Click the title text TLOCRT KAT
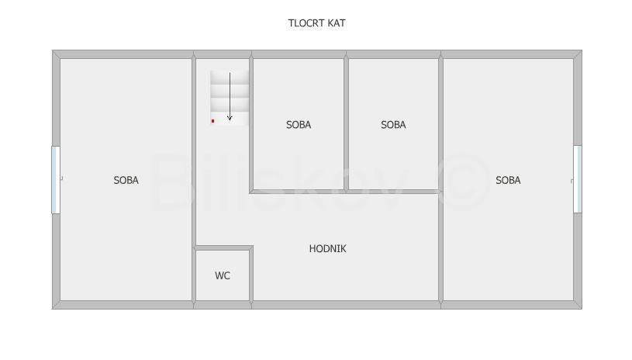(x=316, y=23)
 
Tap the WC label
(x=223, y=275)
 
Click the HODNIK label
(x=327, y=249)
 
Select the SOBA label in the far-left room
(x=126, y=180)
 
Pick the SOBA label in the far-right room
(x=508, y=180)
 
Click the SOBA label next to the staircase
(x=299, y=124)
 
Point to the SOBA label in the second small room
(x=393, y=124)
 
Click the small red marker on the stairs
(x=212, y=121)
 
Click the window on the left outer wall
(x=55, y=180)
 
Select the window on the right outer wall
(x=577, y=180)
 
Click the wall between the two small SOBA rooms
(x=346, y=124)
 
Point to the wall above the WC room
(x=223, y=248)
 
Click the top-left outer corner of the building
(x=54, y=52)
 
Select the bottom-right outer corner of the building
(x=580, y=308)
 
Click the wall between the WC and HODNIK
(x=251, y=275)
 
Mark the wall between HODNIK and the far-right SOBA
(x=441, y=248)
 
